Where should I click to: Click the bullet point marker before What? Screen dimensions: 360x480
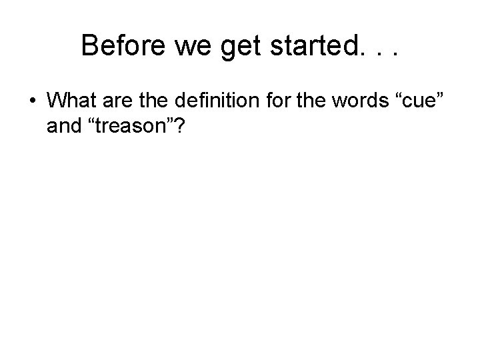pyautogui.click(x=32, y=104)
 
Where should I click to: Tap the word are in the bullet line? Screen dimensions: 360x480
pyautogui.click(x=119, y=103)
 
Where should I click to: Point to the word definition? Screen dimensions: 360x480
pyautogui.click(x=221, y=103)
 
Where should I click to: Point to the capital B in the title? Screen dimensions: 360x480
pyautogui.click(x=90, y=46)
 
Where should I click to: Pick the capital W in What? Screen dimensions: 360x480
pyautogui.click(x=58, y=103)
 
